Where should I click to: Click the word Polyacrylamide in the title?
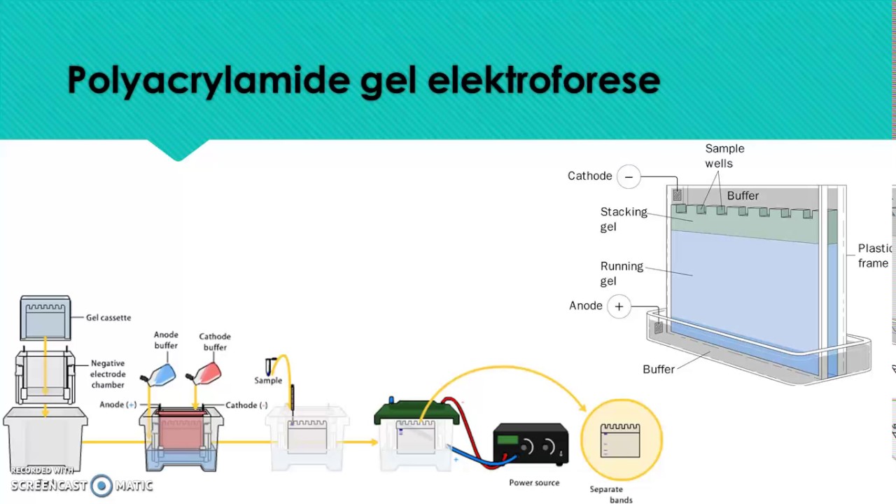point(208,80)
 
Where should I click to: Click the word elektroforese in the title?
point(543,80)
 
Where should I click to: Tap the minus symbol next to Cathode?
point(629,176)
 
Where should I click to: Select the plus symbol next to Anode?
point(619,307)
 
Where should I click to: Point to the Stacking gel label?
point(623,218)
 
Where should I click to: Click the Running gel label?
point(621,273)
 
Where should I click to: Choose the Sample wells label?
point(724,155)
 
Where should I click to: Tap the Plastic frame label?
point(875,255)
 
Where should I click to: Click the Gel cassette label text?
point(108,318)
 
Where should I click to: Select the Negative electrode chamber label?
point(108,374)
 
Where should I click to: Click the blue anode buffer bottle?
point(161,375)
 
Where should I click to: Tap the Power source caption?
point(534,483)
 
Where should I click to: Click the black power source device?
point(531,444)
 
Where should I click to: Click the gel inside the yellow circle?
point(620,440)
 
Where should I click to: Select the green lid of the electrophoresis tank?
point(416,412)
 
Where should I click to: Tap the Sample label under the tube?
point(268,381)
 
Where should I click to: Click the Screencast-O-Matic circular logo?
point(101,485)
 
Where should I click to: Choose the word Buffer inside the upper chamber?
point(742,196)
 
